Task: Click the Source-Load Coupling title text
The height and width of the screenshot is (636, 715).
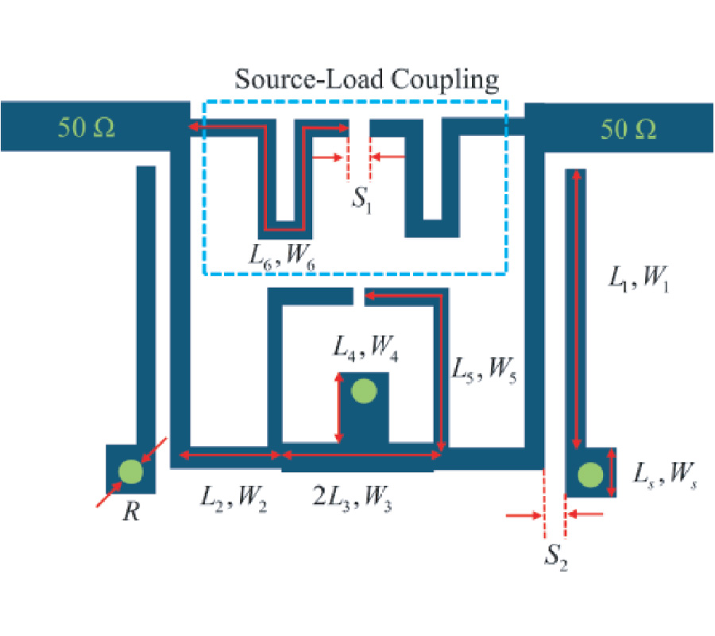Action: click(366, 79)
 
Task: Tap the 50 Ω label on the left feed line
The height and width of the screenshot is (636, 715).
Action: click(87, 128)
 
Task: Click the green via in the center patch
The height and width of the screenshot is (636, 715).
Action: click(364, 391)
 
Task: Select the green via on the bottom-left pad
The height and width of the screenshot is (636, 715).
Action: click(130, 471)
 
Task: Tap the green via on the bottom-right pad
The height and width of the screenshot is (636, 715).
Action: click(589, 475)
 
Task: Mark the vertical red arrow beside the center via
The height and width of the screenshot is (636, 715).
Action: click(339, 410)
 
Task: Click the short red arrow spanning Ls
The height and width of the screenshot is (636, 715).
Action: click(611, 472)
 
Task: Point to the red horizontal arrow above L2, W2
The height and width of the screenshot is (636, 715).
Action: click(231, 455)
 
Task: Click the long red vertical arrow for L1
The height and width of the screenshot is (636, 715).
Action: click(577, 310)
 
